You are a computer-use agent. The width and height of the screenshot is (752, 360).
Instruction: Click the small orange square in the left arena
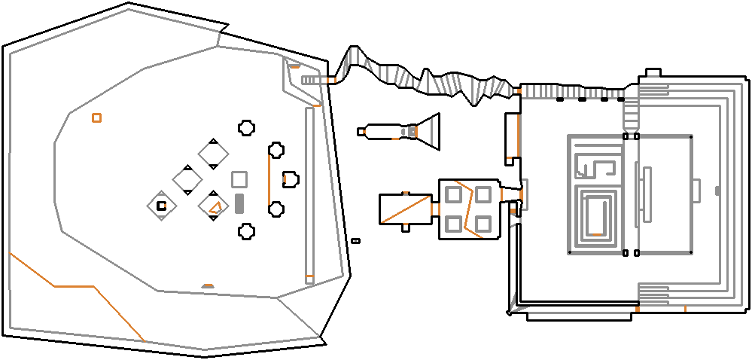click(96, 117)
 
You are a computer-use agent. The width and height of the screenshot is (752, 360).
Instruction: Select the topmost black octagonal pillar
click(245, 128)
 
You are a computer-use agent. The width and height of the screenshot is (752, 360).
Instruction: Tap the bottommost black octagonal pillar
click(245, 231)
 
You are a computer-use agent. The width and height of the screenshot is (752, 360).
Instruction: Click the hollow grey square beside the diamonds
click(239, 179)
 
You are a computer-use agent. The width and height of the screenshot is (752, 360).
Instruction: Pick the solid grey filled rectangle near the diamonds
click(239, 203)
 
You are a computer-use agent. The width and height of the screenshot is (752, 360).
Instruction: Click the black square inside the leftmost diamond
click(161, 206)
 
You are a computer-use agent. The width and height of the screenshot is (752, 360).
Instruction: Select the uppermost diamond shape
click(213, 154)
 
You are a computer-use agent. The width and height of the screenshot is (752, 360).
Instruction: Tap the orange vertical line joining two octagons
click(269, 179)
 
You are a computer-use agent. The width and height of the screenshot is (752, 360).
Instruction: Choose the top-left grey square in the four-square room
click(454, 195)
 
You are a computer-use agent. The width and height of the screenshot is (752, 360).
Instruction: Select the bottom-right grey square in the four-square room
click(483, 224)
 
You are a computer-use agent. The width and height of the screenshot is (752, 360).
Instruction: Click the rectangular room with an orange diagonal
click(405, 209)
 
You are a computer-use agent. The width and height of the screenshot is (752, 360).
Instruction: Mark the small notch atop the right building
click(653, 73)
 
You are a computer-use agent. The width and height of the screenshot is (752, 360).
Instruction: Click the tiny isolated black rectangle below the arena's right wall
click(356, 240)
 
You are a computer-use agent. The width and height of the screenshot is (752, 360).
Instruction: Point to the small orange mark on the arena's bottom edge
click(208, 286)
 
